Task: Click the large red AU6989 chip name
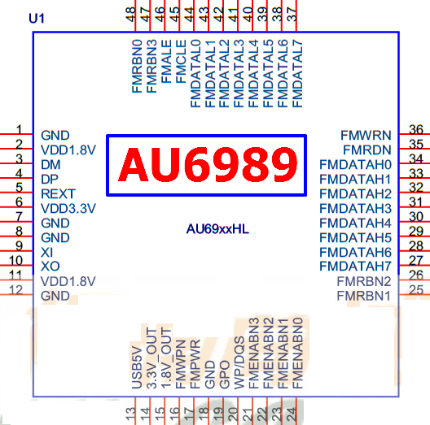point(208,164)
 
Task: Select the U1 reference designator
point(37,19)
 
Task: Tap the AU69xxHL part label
point(217,229)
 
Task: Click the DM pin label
point(50,165)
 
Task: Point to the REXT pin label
point(58,194)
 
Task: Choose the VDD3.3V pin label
point(68,209)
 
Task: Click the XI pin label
point(46,252)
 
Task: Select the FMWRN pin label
point(366,135)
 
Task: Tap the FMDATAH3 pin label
point(355,209)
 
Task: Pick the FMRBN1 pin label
point(364,296)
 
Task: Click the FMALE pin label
point(166,61)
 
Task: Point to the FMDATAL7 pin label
point(297,74)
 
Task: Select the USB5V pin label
point(137,368)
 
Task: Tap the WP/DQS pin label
point(239,362)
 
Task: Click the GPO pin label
point(224,375)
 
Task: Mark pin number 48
point(130,15)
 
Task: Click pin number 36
point(416,129)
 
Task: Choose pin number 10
point(15,261)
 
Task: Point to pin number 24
point(292,414)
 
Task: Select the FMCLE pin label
point(181,61)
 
